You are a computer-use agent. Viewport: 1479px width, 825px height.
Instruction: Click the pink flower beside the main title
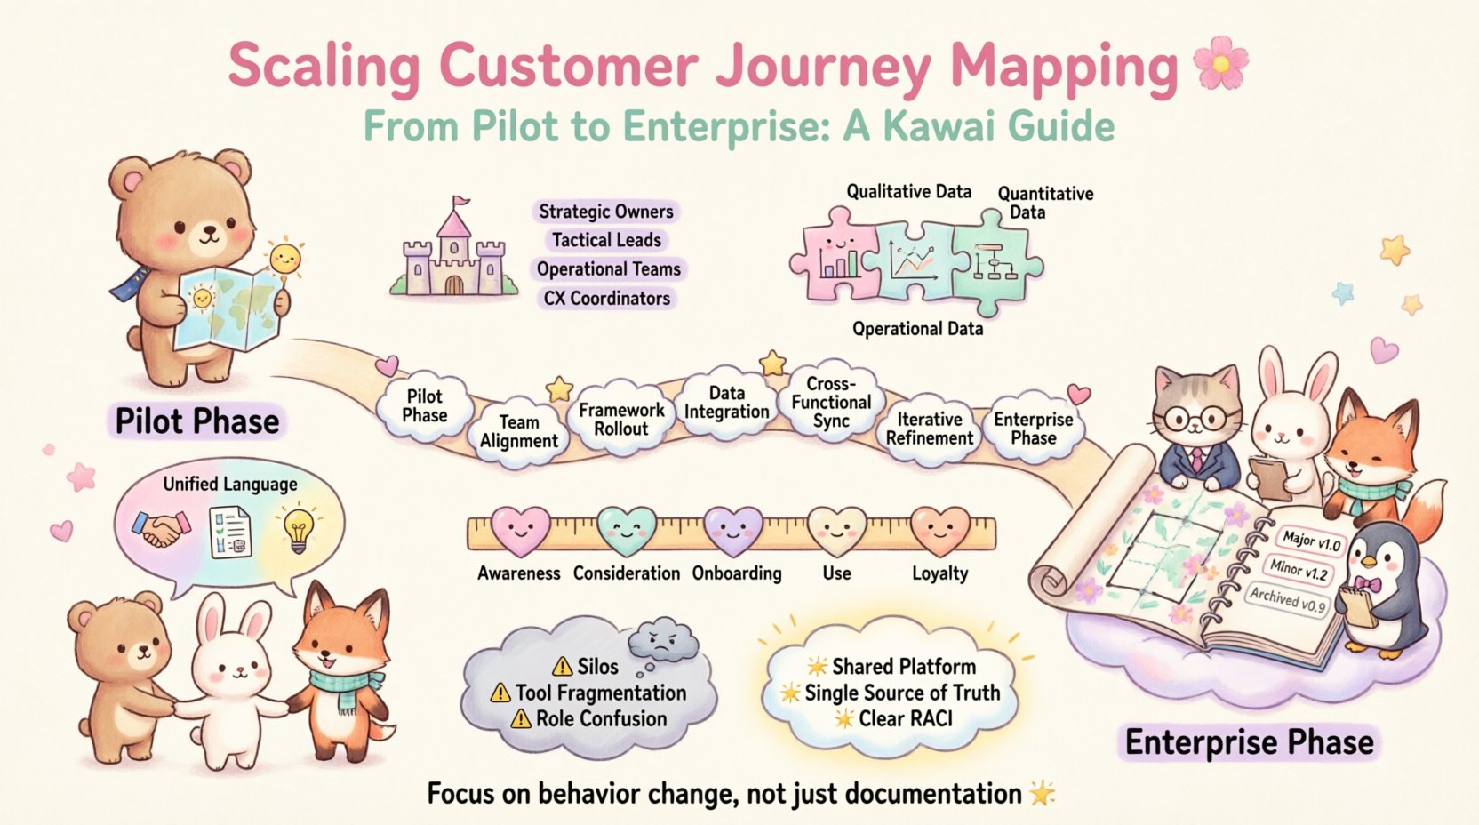1220,62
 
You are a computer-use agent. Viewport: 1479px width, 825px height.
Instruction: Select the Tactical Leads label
606,240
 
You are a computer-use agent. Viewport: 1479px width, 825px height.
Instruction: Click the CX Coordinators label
607,299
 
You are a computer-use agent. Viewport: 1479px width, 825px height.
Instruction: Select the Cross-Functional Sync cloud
831,402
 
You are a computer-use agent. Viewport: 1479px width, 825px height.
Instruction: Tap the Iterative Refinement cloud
930,429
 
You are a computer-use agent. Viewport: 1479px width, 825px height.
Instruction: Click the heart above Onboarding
733,532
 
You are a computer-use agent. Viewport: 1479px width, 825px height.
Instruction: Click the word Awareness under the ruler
518,573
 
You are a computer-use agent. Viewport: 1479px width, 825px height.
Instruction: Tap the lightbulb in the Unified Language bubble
297,530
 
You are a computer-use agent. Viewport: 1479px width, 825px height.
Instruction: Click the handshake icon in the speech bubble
160,530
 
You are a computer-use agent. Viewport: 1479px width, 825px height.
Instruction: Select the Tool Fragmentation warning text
601,693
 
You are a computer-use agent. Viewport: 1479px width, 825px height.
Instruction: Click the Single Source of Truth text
901,693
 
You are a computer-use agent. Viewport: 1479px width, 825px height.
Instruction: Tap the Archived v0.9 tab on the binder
1288,600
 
